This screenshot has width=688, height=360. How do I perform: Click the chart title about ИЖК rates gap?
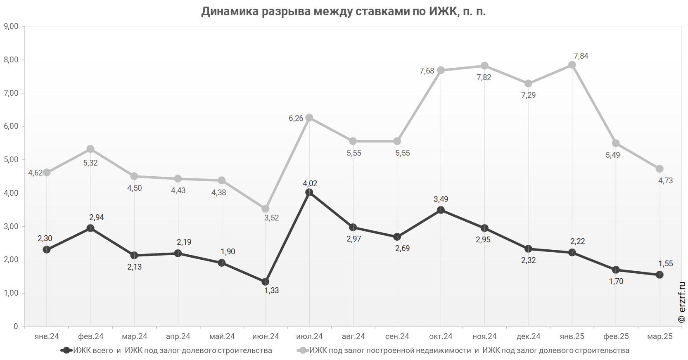click(344, 11)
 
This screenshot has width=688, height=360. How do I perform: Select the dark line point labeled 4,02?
click(309, 192)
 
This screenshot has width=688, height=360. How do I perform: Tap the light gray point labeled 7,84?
click(572, 65)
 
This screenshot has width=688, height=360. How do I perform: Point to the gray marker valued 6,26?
click(309, 118)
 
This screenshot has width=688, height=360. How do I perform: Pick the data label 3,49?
click(441, 199)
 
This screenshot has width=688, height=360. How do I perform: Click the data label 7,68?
click(427, 71)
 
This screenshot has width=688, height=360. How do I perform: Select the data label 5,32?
click(90, 163)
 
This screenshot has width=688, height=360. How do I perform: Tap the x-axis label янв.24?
click(47, 336)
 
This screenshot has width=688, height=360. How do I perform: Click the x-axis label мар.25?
click(660, 336)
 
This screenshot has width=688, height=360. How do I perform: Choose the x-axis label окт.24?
click(441, 336)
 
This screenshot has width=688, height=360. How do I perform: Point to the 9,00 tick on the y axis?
click(11, 26)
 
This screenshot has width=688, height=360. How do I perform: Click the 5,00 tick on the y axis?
click(11, 160)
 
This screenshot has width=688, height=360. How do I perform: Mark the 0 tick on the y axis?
click(16, 327)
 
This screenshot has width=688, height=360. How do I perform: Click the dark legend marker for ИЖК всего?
click(66, 351)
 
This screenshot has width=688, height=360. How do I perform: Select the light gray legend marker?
click(303, 351)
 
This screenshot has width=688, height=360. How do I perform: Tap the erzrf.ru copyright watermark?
click(681, 303)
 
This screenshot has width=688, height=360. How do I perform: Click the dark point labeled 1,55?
click(660, 275)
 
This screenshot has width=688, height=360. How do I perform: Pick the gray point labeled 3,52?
click(265, 209)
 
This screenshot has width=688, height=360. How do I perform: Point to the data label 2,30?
click(45, 239)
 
